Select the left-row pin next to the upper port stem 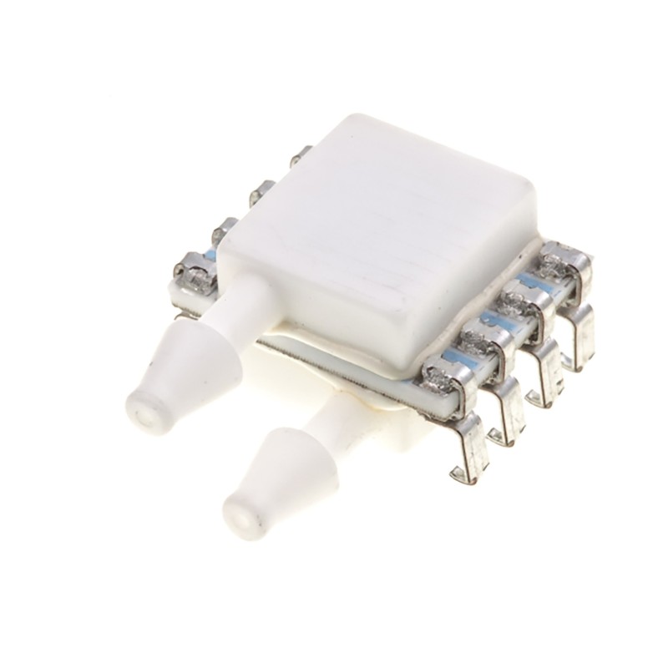[196, 271]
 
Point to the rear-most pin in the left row [301, 155]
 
